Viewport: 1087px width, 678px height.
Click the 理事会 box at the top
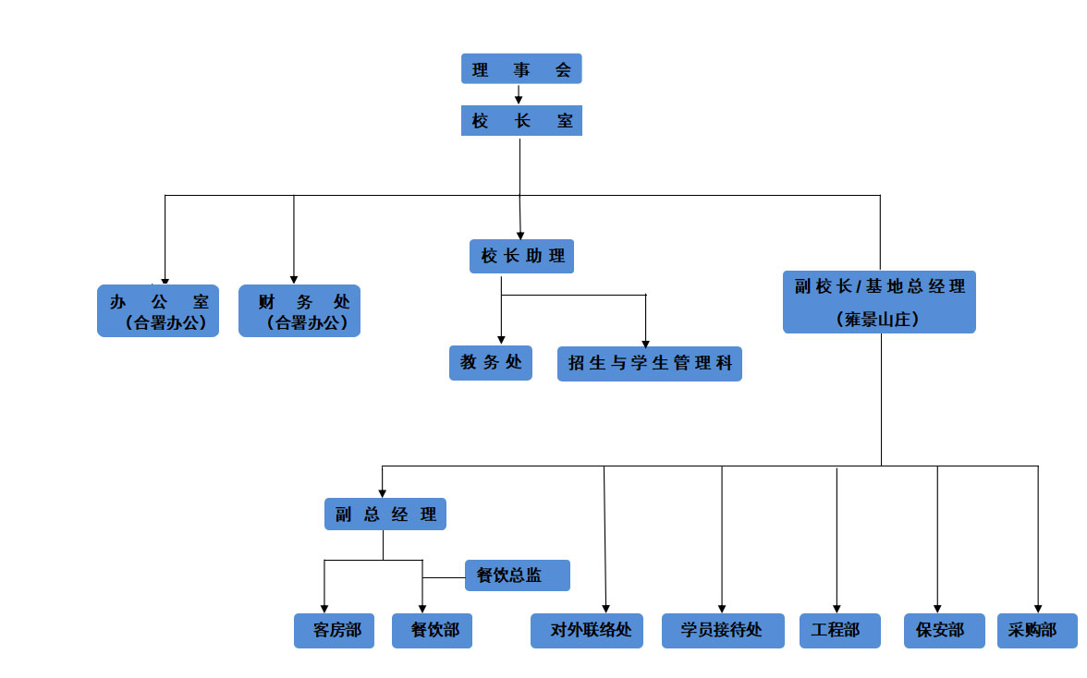[x=521, y=69]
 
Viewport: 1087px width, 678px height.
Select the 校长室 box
[x=521, y=121]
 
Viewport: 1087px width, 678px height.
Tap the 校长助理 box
[x=521, y=256]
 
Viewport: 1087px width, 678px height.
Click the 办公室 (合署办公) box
[x=158, y=310]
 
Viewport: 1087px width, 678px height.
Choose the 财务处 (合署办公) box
[x=299, y=310]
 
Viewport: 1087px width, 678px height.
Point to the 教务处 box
[x=491, y=363]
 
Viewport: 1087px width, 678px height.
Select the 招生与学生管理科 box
[x=650, y=364]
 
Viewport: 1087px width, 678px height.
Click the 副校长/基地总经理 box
[x=879, y=301]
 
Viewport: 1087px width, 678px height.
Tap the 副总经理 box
[x=385, y=515]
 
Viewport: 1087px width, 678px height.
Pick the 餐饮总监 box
[x=517, y=575]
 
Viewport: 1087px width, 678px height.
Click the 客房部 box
[x=335, y=631]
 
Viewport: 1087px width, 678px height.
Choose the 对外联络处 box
[x=587, y=631]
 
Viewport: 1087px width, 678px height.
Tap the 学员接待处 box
[x=723, y=631]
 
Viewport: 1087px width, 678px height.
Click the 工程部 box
[x=836, y=631]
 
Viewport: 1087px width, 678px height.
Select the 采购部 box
[x=1037, y=631]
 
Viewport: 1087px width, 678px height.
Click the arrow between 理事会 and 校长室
[x=519, y=94]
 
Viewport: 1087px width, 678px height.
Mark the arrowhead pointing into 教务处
[x=501, y=340]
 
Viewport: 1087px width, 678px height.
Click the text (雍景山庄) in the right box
[x=879, y=320]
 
